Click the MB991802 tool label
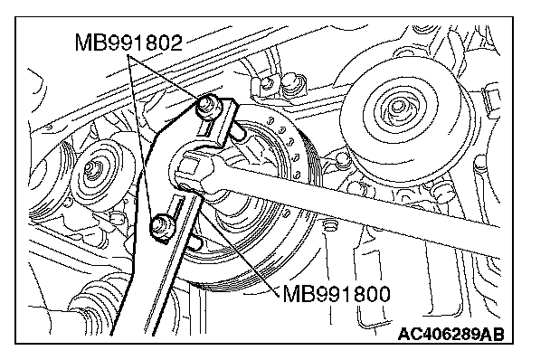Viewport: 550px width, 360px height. (128, 43)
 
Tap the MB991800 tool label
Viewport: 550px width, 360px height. (336, 293)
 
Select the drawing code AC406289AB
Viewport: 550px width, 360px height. (450, 334)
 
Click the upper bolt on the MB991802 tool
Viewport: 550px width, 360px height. (207, 106)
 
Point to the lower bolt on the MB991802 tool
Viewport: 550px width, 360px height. (161, 226)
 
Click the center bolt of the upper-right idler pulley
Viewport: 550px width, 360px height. (397, 106)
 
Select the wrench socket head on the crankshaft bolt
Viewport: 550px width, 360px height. (196, 172)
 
